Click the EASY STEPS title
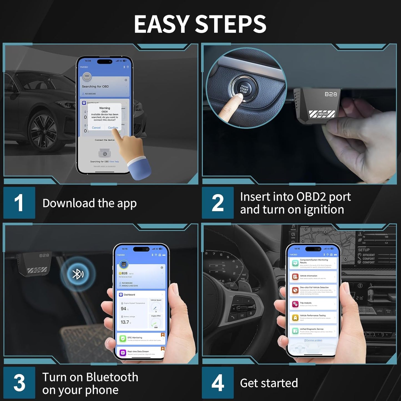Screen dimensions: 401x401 pyautogui.click(x=200, y=24)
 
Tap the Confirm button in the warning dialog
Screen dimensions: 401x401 pyautogui.click(x=113, y=128)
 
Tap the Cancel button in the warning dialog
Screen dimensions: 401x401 pyautogui.click(x=96, y=128)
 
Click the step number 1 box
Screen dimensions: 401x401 pyautogui.click(x=19, y=203)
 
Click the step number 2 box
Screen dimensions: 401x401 pyautogui.click(x=218, y=203)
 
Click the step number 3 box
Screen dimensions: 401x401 pyautogui.click(x=19, y=383)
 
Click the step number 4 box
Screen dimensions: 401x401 pyautogui.click(x=218, y=383)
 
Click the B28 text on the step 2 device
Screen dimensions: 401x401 pyautogui.click(x=331, y=94)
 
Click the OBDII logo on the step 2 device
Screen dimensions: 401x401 pyautogui.click(x=322, y=114)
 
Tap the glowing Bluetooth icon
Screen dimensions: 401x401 pyautogui.click(x=78, y=274)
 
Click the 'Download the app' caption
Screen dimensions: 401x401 pyautogui.click(x=89, y=203)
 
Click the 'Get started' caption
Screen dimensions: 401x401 pyautogui.click(x=269, y=383)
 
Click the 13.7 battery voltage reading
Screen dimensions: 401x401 pyautogui.click(x=125, y=322)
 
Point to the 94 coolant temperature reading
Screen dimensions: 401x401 pyautogui.click(x=123, y=309)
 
